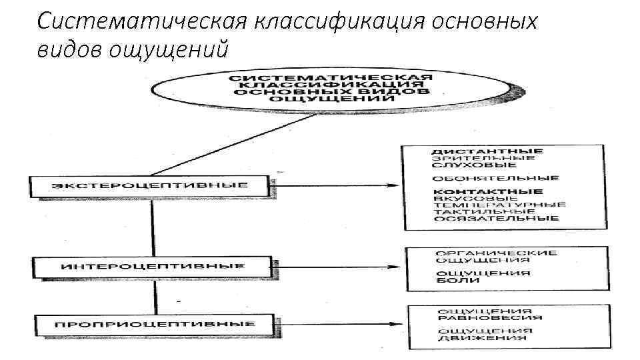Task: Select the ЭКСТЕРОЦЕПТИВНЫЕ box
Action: (x=150, y=185)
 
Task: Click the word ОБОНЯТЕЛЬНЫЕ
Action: (x=495, y=179)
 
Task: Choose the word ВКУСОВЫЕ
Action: (x=475, y=198)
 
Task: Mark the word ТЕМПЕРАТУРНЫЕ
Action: (x=499, y=205)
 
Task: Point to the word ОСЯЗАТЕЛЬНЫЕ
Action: (x=495, y=218)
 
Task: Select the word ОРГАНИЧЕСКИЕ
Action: (x=496, y=253)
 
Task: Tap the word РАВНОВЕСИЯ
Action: (x=490, y=317)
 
